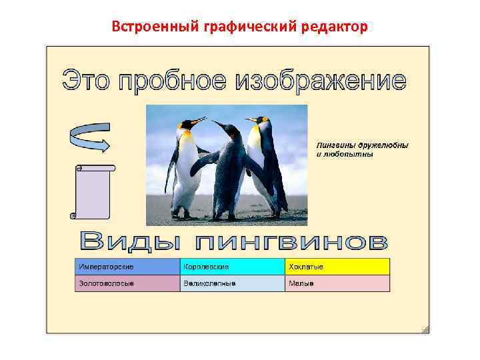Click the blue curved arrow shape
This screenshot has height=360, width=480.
(x=89, y=136)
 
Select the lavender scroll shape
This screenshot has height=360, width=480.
(x=93, y=192)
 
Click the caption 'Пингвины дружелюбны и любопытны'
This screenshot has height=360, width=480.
(x=362, y=149)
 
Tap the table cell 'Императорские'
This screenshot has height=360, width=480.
(x=127, y=267)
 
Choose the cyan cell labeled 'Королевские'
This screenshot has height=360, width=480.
(x=232, y=267)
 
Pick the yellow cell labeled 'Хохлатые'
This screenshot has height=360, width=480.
(x=337, y=267)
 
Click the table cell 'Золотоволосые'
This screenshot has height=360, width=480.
(x=127, y=283)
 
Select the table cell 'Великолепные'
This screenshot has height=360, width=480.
(x=232, y=283)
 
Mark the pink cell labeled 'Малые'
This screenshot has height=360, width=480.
(x=337, y=283)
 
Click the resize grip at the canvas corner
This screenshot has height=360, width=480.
(x=425, y=329)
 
